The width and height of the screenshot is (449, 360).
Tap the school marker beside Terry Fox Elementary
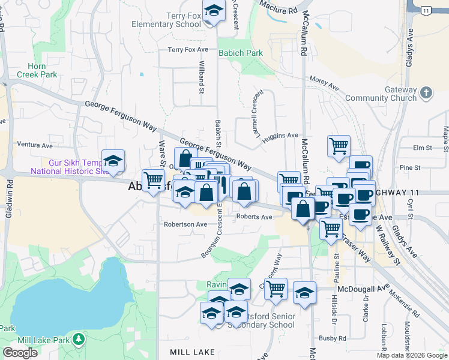click(x=213, y=12)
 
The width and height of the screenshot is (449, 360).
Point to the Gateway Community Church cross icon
click(x=426, y=93)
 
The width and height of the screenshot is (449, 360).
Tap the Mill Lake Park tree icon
click(x=79, y=340)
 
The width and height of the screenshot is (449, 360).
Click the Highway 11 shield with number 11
click(x=426, y=11)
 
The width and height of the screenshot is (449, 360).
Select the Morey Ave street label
click(x=324, y=83)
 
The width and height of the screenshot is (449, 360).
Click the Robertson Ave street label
click(x=185, y=224)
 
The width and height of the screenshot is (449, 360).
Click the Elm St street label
click(x=423, y=148)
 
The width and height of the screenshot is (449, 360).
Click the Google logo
click(x=20, y=353)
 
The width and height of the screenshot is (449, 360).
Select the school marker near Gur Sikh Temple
click(x=113, y=161)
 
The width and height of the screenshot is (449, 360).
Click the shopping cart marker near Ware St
click(x=154, y=179)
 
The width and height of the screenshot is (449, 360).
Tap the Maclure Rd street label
click(x=279, y=7)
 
